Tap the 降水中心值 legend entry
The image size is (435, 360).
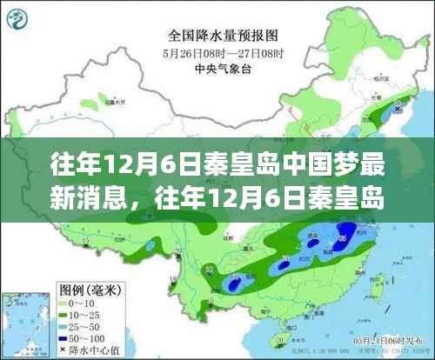(x=87, y=350)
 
